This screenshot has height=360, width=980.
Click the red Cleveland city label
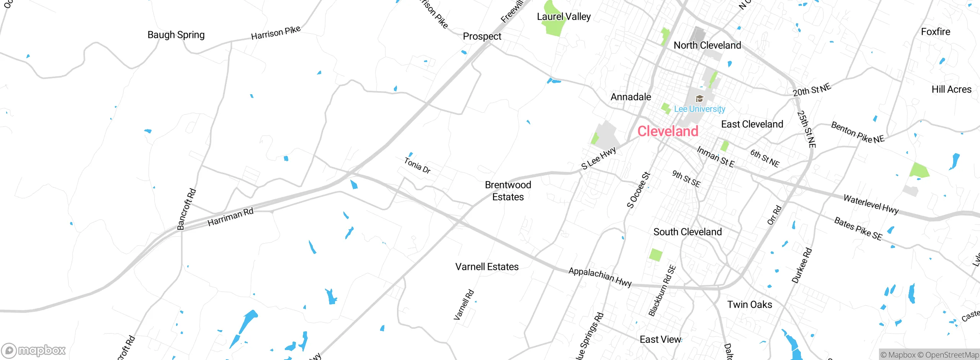(x=668, y=131)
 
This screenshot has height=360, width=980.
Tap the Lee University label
(x=699, y=109)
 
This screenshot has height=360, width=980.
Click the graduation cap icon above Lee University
(x=699, y=99)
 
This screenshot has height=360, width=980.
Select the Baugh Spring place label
(x=176, y=35)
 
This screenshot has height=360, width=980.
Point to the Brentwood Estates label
(x=508, y=191)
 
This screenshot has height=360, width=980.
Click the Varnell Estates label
(x=487, y=267)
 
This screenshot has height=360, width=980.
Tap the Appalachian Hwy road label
(x=600, y=277)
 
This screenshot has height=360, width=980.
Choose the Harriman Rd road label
(x=230, y=217)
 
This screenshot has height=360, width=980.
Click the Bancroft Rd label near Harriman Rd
(x=186, y=209)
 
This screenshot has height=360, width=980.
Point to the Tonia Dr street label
(x=417, y=165)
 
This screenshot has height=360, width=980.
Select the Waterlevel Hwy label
(x=871, y=204)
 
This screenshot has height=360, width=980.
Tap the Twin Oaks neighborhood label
(x=750, y=304)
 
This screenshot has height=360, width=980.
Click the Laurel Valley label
(x=563, y=16)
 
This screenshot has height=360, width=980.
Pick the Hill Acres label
(x=951, y=89)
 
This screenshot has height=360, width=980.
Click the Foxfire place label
(x=935, y=32)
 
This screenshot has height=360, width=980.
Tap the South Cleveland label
(x=688, y=232)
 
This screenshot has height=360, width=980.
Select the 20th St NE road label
(x=812, y=90)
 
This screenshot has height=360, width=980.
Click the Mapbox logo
(x=34, y=350)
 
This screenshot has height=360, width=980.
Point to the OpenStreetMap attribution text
(x=952, y=355)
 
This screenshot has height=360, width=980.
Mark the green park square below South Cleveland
(x=656, y=255)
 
